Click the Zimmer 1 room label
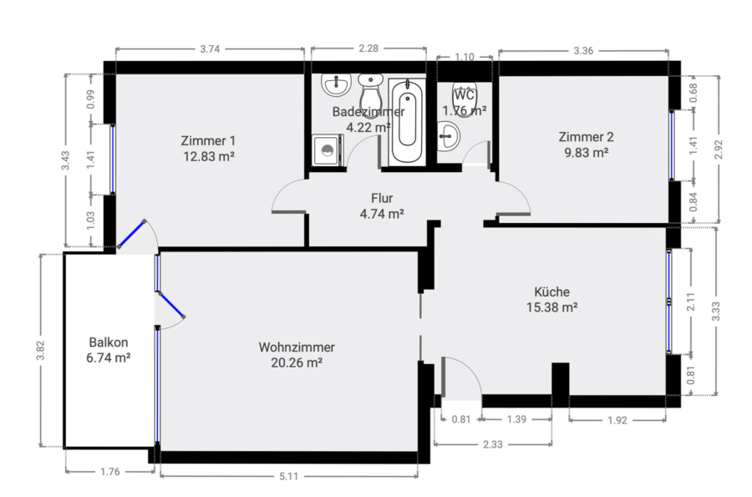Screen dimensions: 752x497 208,141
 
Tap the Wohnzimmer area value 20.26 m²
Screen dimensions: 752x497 297,363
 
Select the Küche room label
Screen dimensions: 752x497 552,292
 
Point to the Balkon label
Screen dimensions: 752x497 109,342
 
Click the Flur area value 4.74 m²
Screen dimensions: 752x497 382,214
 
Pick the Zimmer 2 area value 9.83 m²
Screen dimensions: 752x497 586,152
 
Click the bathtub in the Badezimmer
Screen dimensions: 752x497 407,122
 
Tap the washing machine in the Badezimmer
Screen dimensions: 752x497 328,150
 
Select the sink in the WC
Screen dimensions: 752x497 449,135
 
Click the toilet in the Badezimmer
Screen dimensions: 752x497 370,96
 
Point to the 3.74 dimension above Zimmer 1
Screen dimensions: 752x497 210,49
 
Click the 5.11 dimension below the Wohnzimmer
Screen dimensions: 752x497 289,476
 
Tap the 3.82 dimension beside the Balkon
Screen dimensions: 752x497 41,350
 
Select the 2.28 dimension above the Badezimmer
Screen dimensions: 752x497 368,48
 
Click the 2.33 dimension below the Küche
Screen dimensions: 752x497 492,444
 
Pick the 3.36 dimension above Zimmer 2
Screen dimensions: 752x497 583,51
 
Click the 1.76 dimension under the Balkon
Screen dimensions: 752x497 110,472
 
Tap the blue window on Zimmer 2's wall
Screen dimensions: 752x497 672,145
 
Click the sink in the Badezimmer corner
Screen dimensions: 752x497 336,85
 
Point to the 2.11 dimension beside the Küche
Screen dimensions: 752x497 691,302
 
